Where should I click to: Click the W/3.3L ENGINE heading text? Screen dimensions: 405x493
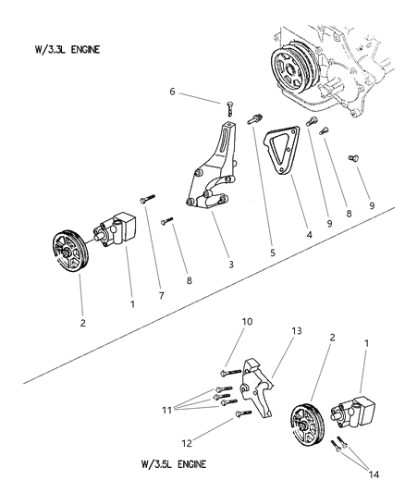(67, 50)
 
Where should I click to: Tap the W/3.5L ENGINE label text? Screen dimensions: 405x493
(174, 464)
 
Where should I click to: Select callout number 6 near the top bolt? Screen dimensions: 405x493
(172, 92)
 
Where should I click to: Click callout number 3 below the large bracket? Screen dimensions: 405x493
(231, 265)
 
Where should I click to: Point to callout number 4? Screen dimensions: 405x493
(309, 235)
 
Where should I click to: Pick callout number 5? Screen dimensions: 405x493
(273, 253)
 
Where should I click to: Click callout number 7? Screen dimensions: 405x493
(161, 296)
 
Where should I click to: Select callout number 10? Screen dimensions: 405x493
(247, 322)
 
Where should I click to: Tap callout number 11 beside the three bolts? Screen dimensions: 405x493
(166, 410)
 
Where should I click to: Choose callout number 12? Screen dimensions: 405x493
(187, 443)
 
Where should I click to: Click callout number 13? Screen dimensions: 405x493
(296, 330)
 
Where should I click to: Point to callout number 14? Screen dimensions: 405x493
(374, 475)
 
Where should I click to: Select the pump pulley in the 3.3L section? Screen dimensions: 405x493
(70, 252)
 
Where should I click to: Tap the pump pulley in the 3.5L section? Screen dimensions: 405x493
(306, 426)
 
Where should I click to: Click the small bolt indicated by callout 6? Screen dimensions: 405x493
(229, 108)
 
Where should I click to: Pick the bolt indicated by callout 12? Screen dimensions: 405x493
(244, 413)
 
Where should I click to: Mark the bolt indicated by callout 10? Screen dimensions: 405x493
(230, 373)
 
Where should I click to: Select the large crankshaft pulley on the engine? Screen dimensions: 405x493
(290, 68)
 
